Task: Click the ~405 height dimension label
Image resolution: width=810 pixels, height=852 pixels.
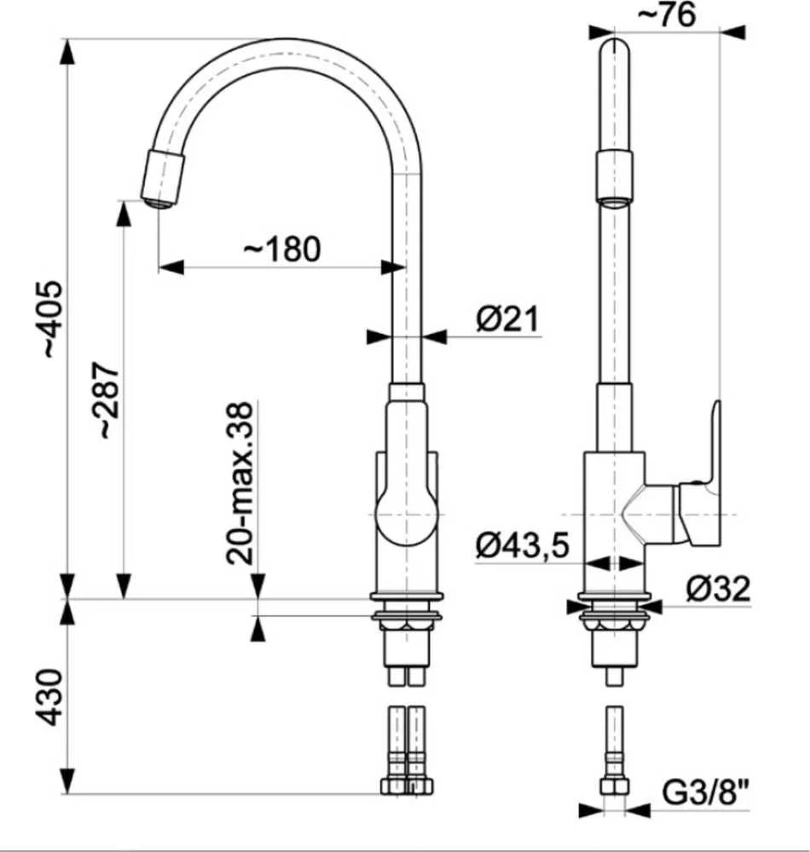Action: (x=55, y=319)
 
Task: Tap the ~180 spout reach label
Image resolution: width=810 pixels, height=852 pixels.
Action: (x=282, y=249)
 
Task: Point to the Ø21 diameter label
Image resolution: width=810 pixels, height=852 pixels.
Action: (x=507, y=319)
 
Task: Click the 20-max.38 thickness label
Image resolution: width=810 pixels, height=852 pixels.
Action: (x=240, y=483)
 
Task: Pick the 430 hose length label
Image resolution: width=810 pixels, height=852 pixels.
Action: (x=50, y=697)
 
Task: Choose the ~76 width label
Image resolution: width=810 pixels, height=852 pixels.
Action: (x=666, y=14)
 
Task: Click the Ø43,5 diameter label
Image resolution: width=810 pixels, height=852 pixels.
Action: (x=523, y=545)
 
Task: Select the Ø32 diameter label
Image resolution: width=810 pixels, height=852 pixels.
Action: (x=718, y=588)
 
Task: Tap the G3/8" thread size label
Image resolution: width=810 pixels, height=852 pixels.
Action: (x=706, y=792)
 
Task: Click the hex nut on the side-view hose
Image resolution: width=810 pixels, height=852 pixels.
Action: (x=615, y=786)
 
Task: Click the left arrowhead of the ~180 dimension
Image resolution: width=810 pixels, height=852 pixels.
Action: (x=171, y=267)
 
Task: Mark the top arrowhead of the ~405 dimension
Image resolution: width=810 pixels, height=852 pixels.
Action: (x=67, y=51)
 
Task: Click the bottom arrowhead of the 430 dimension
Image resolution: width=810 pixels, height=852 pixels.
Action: (x=67, y=781)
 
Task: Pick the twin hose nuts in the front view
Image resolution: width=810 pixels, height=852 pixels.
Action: (x=408, y=786)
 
